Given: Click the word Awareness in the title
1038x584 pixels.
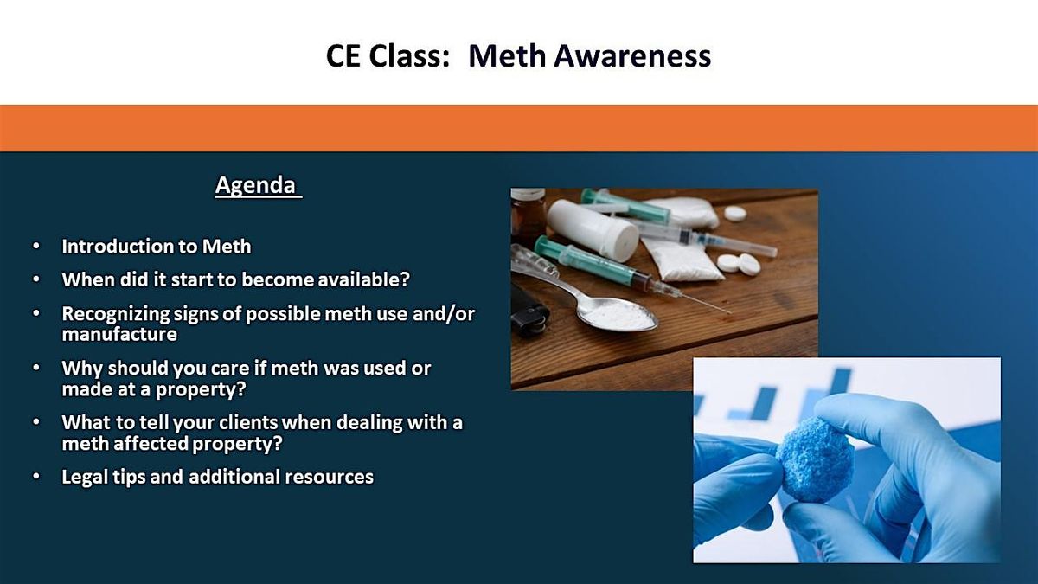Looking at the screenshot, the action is tap(632, 55).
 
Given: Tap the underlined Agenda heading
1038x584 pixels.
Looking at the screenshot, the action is tap(255, 185).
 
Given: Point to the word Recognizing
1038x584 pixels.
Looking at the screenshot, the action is tap(116, 314).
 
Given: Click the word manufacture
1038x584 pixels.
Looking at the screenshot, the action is tap(119, 334).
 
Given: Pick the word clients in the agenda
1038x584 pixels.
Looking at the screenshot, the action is tap(248, 423).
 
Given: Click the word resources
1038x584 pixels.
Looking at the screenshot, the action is tap(329, 477).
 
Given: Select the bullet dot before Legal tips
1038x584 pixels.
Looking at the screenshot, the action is tap(36, 477).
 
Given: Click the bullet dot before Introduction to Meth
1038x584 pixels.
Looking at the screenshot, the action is tap(36, 246).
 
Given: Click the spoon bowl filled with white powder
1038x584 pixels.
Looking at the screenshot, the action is tap(618, 315).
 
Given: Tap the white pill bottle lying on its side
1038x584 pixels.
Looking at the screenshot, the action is tap(593, 230).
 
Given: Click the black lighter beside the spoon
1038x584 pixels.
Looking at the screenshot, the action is tap(529, 312).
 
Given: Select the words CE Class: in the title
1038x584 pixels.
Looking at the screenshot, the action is tap(388, 55).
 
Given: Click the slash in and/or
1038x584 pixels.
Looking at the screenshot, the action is tap(449, 314).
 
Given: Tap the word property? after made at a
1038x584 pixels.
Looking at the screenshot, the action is tap(200, 389).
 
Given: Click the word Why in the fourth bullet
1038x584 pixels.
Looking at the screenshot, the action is tap(81, 369).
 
